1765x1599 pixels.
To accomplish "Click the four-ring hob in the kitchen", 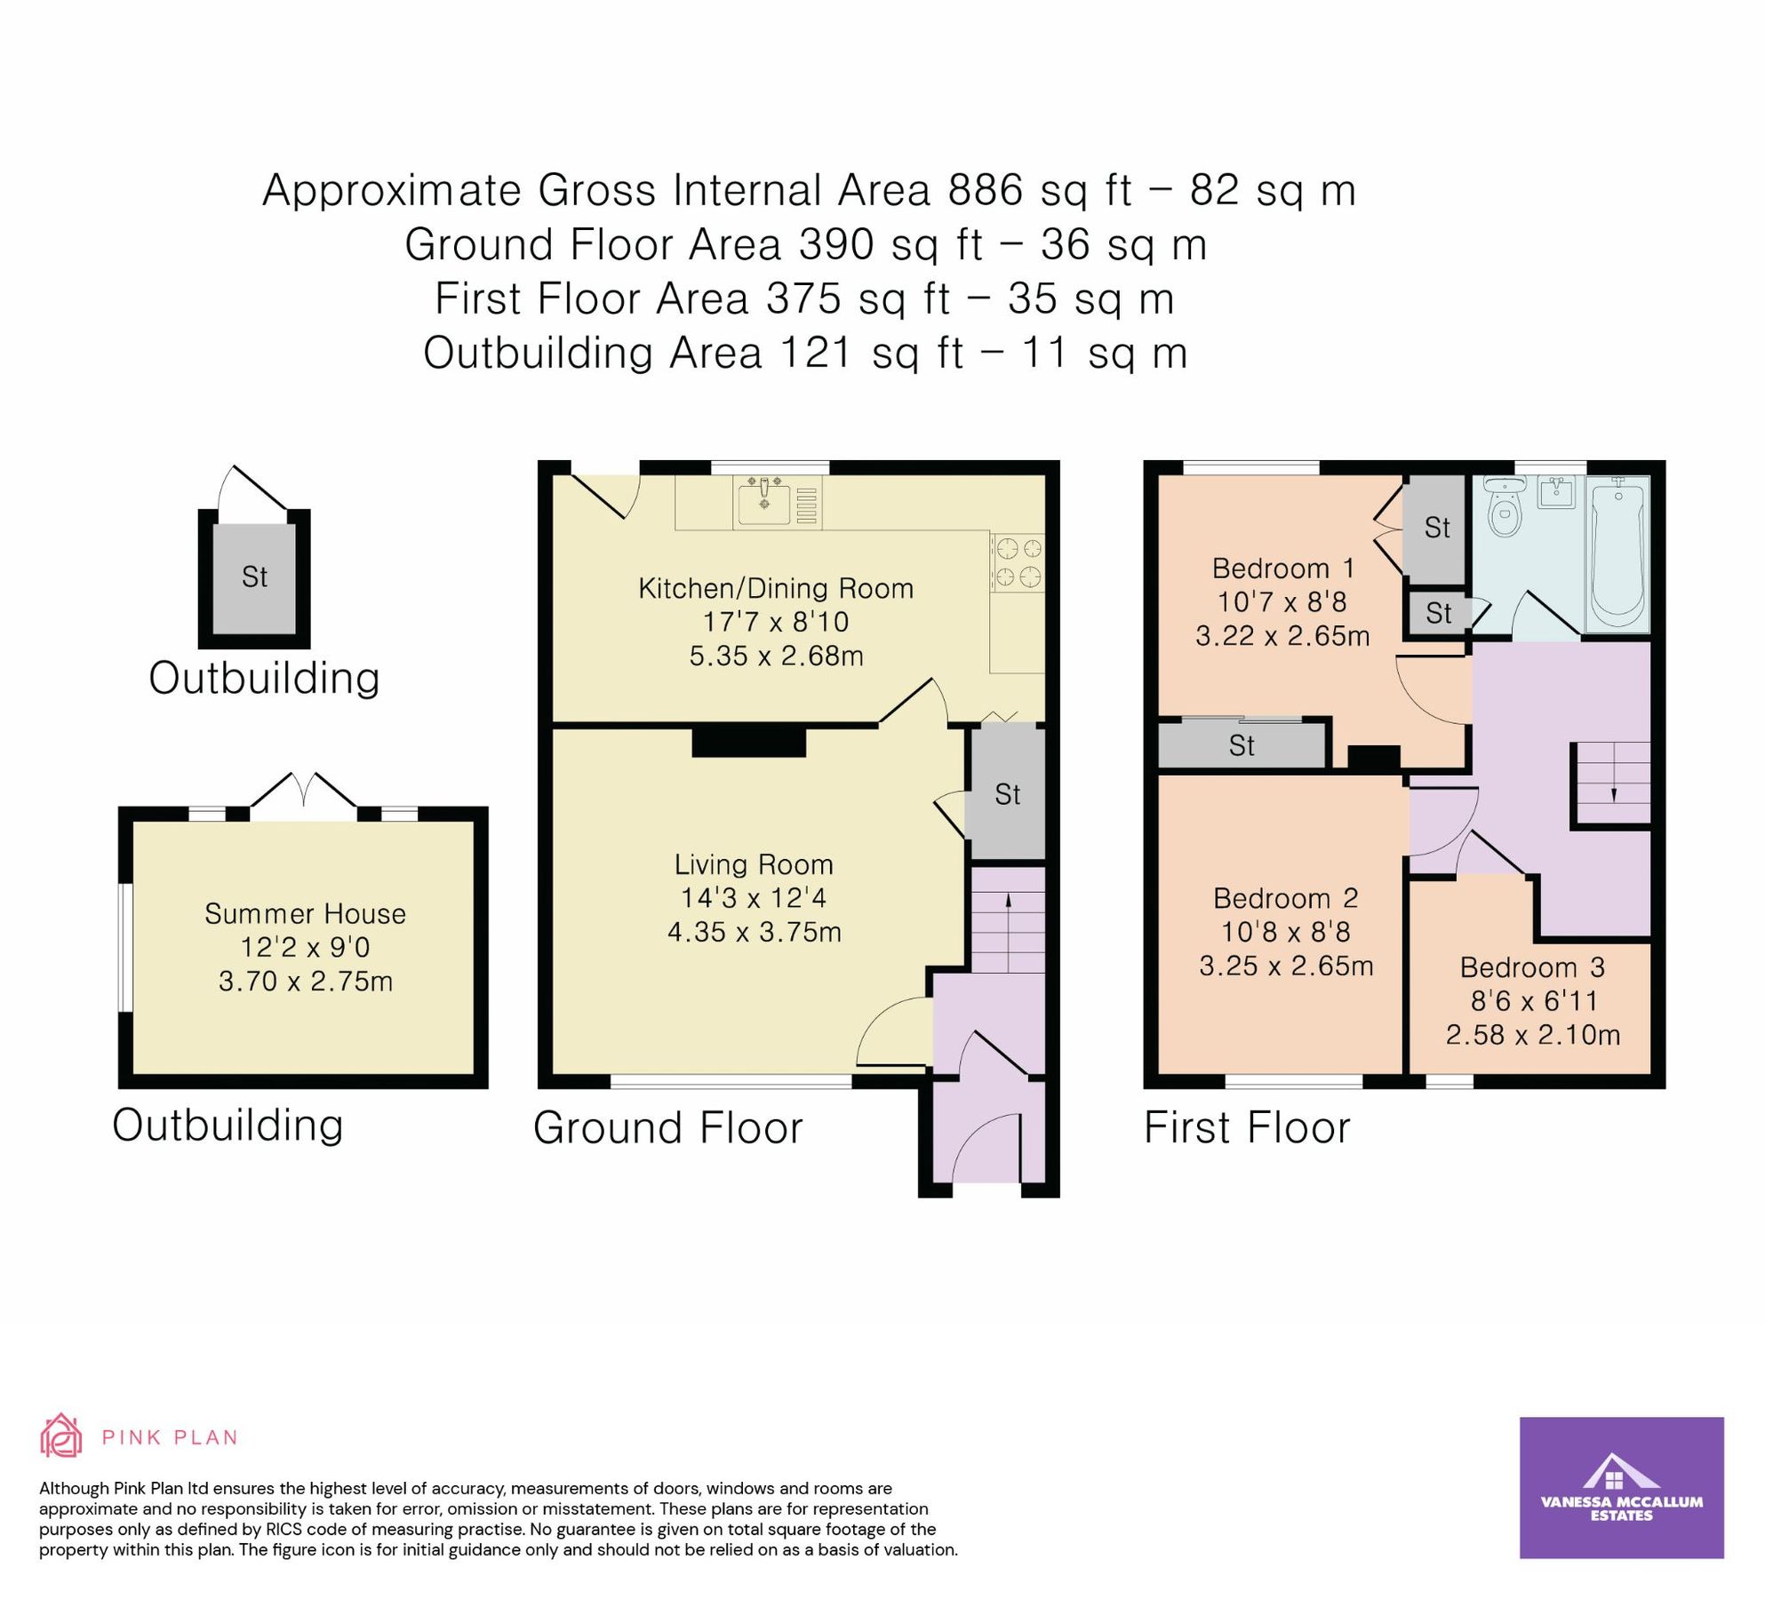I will [1018, 562].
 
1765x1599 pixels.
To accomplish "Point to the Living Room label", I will [754, 864].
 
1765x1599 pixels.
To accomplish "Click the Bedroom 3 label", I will [1532, 967].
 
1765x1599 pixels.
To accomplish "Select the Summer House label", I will [305, 914].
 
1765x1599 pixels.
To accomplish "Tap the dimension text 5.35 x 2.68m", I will [776, 656].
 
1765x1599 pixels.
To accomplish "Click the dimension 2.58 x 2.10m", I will [1532, 1035].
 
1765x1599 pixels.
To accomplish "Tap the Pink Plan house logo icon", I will [61, 1436].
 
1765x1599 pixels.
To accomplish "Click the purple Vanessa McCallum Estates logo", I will [1621, 1487].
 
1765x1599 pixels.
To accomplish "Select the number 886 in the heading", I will [986, 190].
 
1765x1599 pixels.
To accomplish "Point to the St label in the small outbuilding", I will [254, 577].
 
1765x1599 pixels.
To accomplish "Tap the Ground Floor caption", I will [667, 1128].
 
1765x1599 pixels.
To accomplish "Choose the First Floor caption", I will [1246, 1128].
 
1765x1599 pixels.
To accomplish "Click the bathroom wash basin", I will [1557, 491].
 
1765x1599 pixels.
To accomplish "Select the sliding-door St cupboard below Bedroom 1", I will [1242, 744].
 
